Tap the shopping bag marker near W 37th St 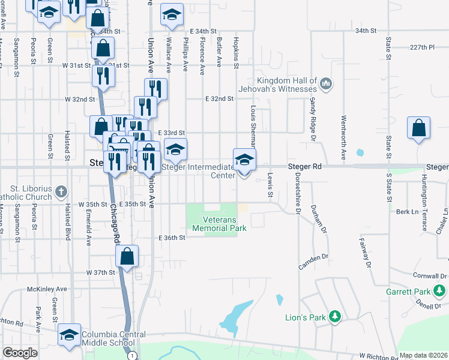pos(127,256)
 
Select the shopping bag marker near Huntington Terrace pos(418,128)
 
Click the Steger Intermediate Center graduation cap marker pos(244,160)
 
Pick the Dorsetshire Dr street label pos(298,193)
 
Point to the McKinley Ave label pos(46,289)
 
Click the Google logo pos(20,353)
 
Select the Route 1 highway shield pos(132,356)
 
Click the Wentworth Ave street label pos(343,137)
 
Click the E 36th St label pos(172,238)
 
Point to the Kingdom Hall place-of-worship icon pos(326,82)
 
